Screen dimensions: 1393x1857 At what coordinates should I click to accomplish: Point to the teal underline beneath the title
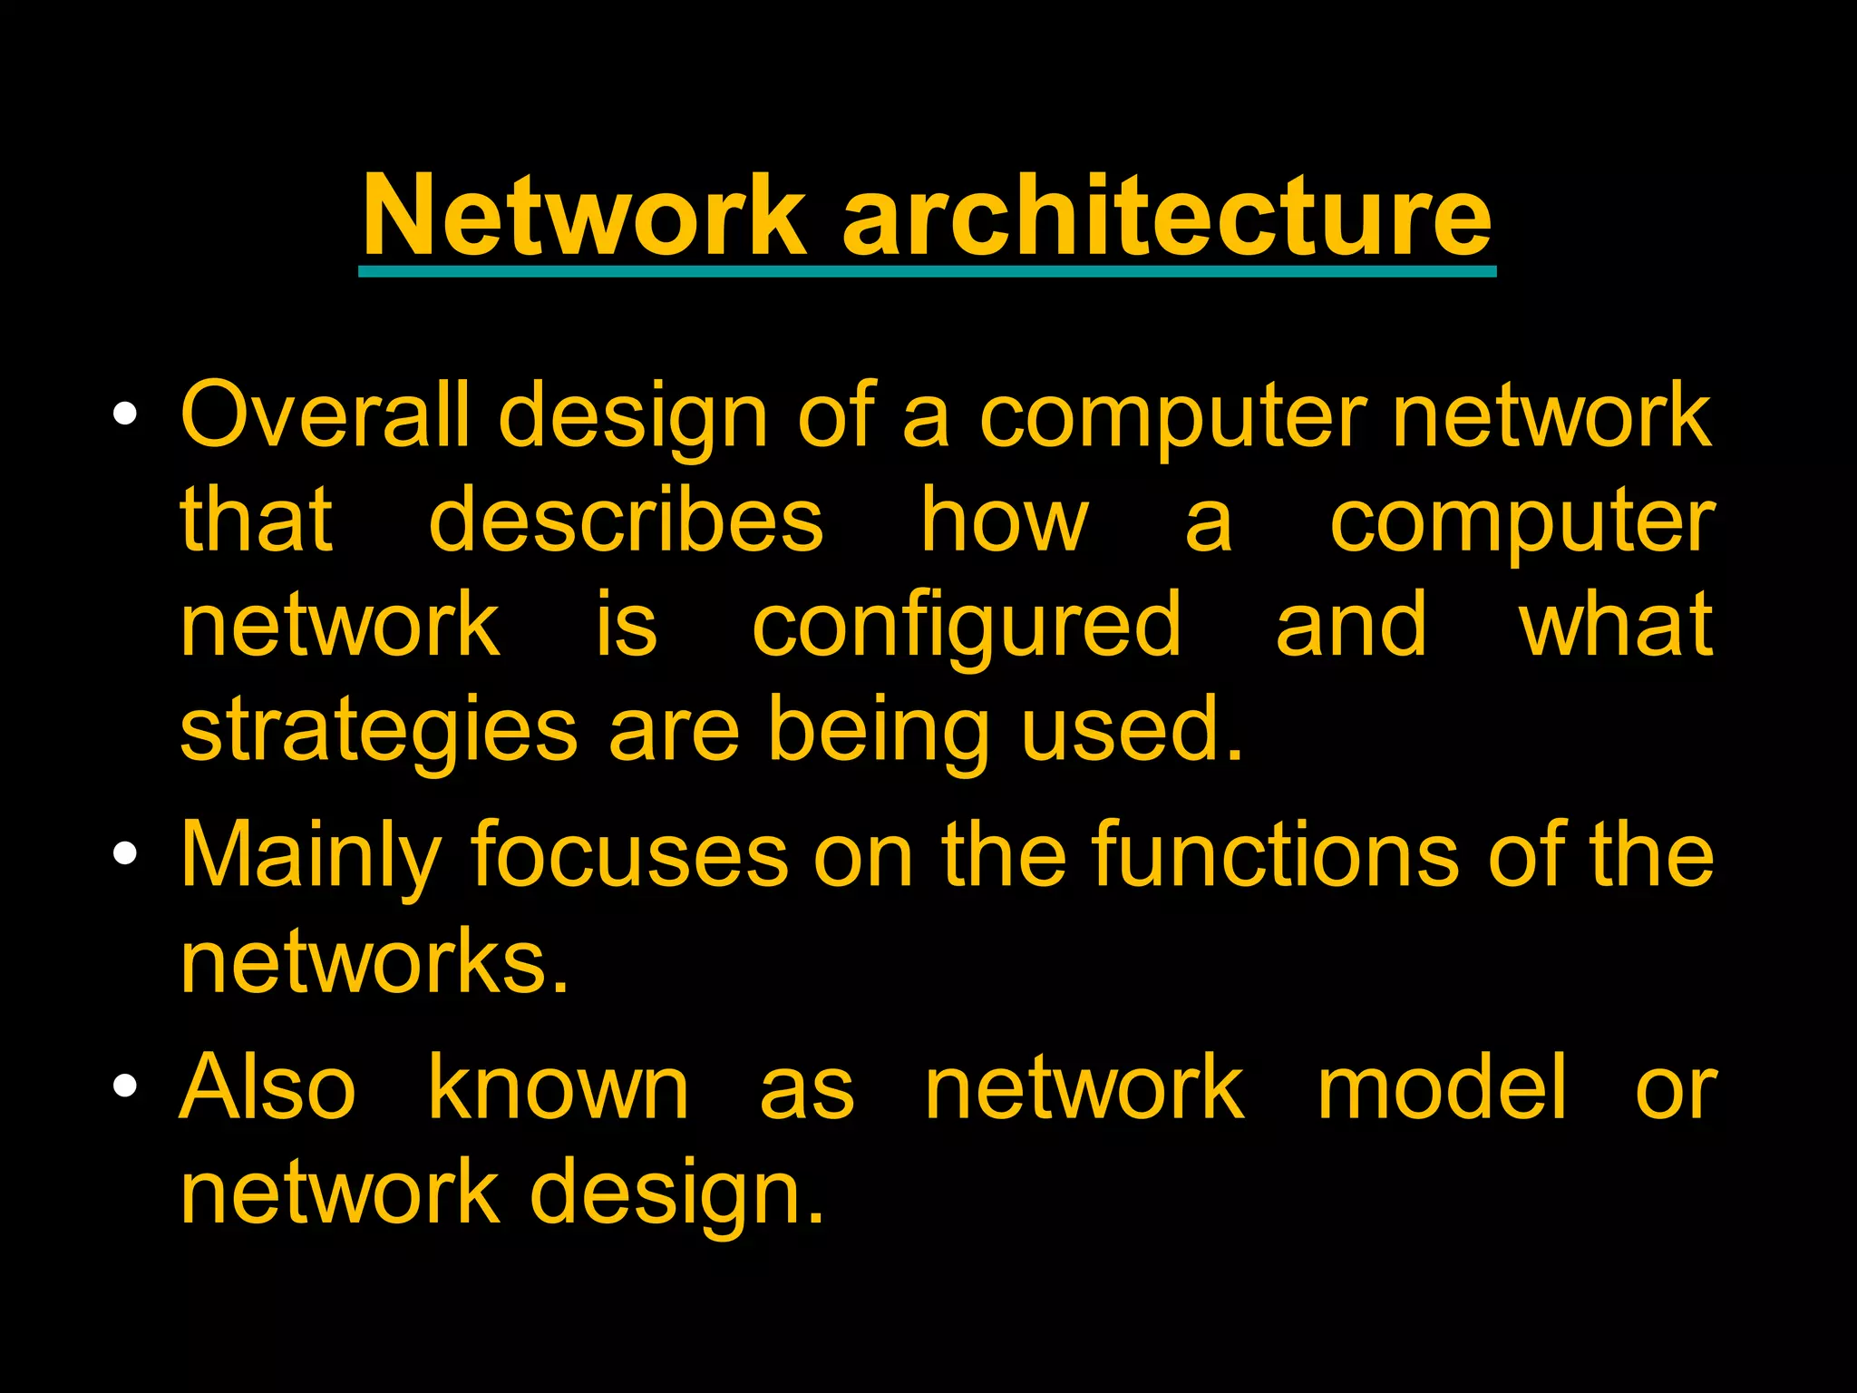(927, 271)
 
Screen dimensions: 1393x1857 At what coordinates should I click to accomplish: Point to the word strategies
(379, 731)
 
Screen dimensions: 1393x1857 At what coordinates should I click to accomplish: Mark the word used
(1131, 729)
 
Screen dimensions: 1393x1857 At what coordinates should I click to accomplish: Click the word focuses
(629, 855)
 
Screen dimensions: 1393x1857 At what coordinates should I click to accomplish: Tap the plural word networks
(374, 960)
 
